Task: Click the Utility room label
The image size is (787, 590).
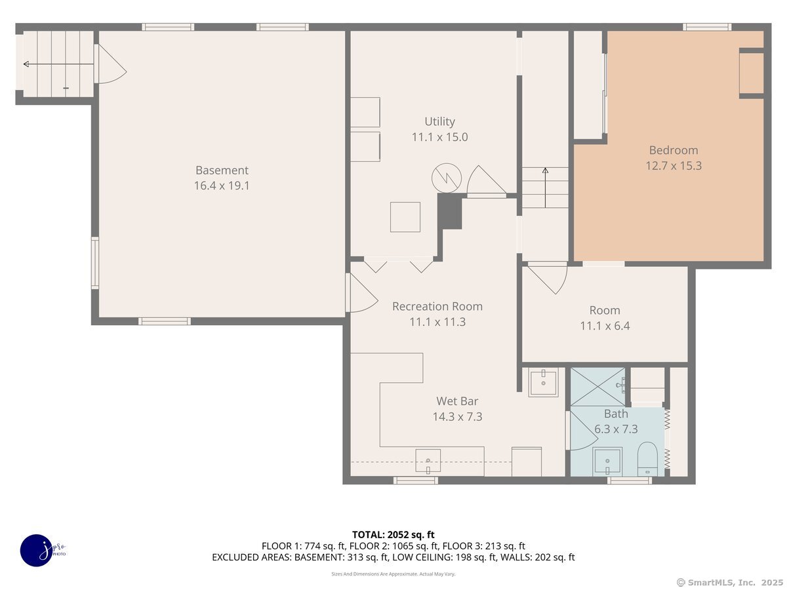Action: (439, 122)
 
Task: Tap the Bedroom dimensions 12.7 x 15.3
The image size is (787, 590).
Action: (674, 166)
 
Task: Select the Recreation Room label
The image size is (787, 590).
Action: (437, 306)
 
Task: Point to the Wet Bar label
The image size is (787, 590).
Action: (456, 401)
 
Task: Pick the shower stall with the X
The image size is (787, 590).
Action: (597, 387)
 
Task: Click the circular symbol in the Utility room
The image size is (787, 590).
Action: (446, 178)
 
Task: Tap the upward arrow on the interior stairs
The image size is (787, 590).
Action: (545, 187)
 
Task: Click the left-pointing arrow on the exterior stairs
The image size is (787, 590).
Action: (58, 64)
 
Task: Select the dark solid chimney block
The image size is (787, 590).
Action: (450, 211)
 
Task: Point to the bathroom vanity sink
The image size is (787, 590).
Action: (607, 462)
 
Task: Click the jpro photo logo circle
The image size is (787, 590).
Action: (37, 551)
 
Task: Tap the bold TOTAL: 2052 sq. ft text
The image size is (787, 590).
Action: (393, 535)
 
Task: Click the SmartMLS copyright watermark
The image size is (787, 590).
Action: (729, 583)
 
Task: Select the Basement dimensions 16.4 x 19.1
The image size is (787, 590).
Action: (222, 186)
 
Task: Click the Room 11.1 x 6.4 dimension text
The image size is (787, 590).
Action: (605, 326)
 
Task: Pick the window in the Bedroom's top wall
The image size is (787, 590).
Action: (707, 27)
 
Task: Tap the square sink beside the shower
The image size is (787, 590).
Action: (543, 383)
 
